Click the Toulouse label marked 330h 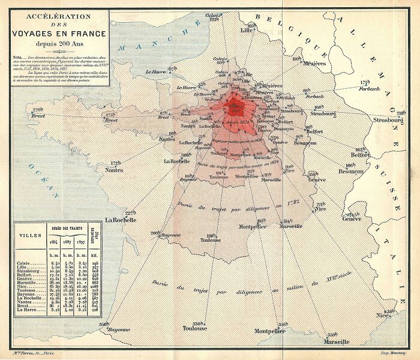[x=195, y=328]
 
